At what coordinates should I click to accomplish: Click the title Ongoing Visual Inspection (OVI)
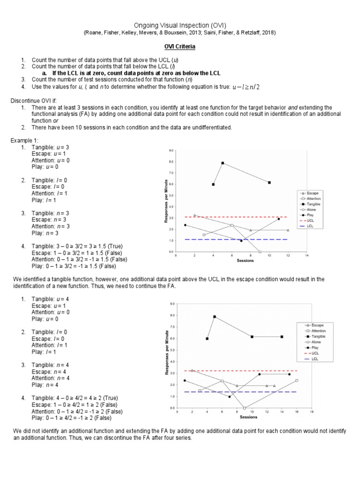coord(180,25)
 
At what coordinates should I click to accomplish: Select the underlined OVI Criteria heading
coord(180,47)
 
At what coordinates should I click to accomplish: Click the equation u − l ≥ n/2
coord(246,87)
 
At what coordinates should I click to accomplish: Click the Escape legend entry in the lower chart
coord(315,325)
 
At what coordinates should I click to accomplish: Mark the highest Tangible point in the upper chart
coord(223,163)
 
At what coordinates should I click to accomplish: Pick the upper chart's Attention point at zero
coord(260,252)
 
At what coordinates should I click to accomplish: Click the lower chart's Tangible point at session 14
coord(282,337)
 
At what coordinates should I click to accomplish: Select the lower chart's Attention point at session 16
coord(297,380)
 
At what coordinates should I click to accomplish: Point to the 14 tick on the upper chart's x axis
coord(306,256)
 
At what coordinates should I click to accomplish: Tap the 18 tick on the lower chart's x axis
coord(311,412)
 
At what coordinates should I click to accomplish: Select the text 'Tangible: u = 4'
coord(50,299)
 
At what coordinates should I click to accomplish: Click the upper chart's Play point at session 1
coord(185,225)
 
